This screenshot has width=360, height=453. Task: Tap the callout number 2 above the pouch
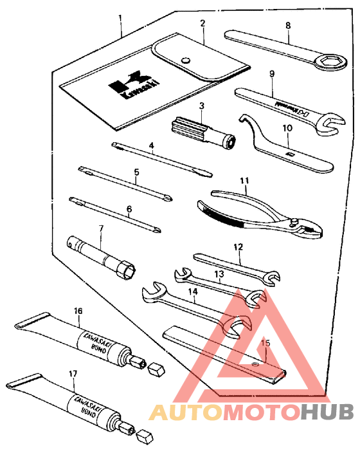202,23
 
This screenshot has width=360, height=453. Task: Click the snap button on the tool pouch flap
186,60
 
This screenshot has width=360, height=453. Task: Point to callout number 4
152,146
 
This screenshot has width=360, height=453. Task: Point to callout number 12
239,246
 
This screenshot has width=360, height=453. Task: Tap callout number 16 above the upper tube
78,310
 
